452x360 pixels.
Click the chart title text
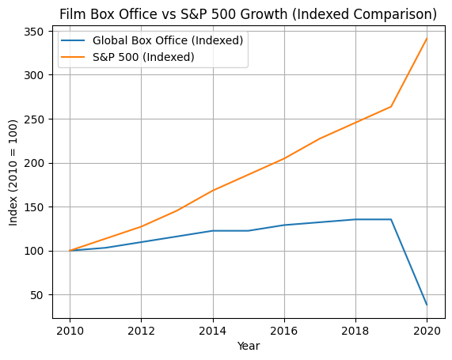(x=248, y=14)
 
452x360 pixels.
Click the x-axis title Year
(x=248, y=346)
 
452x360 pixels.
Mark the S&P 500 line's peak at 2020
(x=427, y=39)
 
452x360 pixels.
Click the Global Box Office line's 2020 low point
(x=427, y=305)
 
